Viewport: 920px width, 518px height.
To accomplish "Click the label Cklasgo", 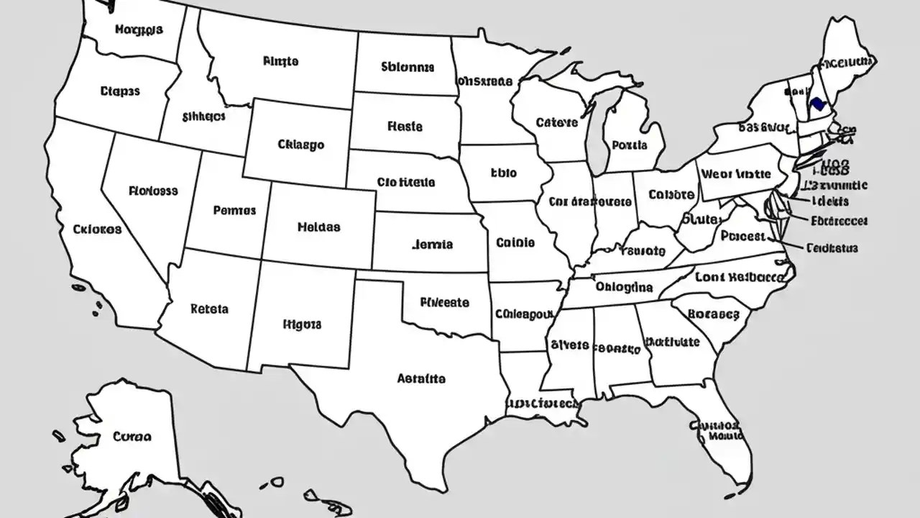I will click(300, 145).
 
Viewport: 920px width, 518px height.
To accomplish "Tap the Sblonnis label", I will click(408, 67).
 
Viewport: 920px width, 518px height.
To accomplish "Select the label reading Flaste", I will click(405, 127).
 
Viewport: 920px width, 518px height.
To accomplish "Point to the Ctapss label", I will click(120, 91).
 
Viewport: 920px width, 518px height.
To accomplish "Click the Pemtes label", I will click(234, 211).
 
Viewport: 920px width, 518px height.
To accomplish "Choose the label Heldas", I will click(318, 227).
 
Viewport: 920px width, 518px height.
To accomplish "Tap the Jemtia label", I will click(433, 245).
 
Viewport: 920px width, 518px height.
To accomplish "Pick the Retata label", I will click(209, 309).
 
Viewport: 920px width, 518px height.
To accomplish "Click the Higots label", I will click(302, 324).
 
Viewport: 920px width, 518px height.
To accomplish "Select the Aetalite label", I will click(421, 378).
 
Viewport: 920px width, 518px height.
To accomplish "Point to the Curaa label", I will click(132, 436).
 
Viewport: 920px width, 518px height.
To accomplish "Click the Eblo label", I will click(503, 173).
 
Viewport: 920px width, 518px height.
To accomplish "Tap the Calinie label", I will click(515, 243).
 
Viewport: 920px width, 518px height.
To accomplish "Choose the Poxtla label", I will click(630, 145).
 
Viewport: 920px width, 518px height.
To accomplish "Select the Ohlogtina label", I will click(624, 287).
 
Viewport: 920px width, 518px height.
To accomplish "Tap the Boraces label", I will click(713, 314).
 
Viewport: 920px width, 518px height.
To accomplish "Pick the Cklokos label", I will click(97, 230).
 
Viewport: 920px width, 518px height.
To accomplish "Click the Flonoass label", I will click(153, 191).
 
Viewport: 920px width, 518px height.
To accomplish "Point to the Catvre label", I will click(557, 123).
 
